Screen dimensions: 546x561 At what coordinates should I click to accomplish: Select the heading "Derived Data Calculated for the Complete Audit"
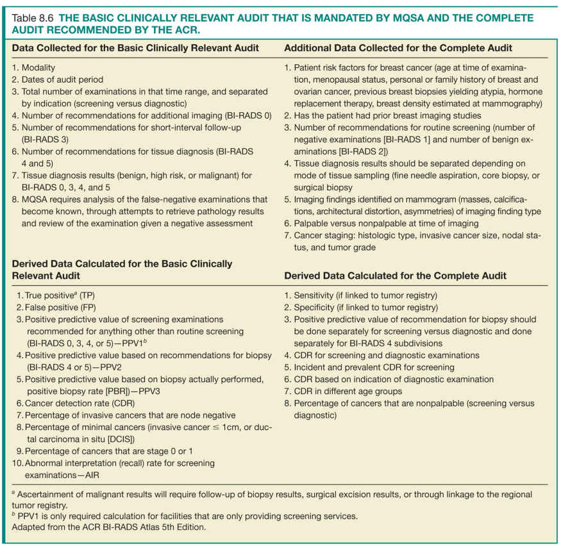point(396,276)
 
